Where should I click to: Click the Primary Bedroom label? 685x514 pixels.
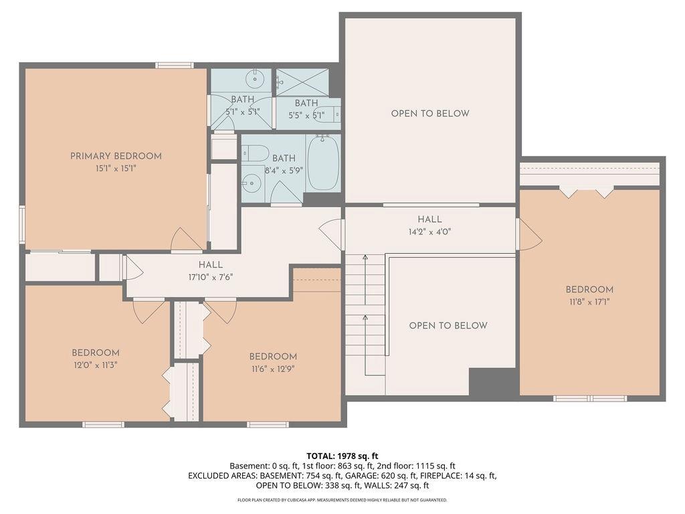tap(116, 156)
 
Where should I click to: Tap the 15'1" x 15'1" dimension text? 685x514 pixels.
tap(116, 168)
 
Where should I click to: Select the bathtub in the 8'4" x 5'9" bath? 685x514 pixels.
tap(323, 163)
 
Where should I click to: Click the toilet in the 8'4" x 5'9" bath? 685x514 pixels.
tap(256, 152)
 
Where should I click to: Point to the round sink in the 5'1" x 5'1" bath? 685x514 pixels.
tap(254, 80)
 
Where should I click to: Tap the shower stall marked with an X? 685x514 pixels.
tap(302, 82)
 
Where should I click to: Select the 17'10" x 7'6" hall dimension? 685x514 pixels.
tap(211, 277)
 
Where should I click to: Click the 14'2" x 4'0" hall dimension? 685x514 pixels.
tap(429, 232)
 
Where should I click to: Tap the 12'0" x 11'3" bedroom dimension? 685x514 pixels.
tap(96, 365)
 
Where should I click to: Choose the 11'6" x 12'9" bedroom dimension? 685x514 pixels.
tap(273, 369)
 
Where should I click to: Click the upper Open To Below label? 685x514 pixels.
tap(430, 114)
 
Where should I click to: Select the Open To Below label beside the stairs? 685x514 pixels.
tap(448, 326)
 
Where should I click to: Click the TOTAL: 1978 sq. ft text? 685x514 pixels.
tap(342, 456)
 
